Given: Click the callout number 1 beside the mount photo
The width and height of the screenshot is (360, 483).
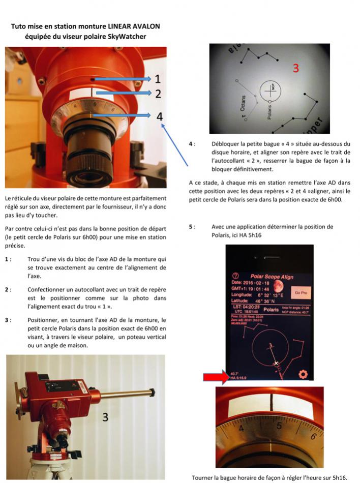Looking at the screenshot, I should pyautogui.click(x=158, y=79).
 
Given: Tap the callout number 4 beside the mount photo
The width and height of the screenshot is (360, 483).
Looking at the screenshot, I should pyautogui.click(x=160, y=116).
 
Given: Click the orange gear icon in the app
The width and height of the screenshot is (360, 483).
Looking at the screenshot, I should pyautogui.click(x=304, y=374).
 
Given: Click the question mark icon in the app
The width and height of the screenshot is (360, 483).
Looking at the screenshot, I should pyautogui.click(x=235, y=277).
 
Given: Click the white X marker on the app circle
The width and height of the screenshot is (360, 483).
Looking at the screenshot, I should pyautogui.click(x=276, y=363).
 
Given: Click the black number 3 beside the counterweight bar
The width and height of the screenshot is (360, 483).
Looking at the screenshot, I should pyautogui.click(x=105, y=417).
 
